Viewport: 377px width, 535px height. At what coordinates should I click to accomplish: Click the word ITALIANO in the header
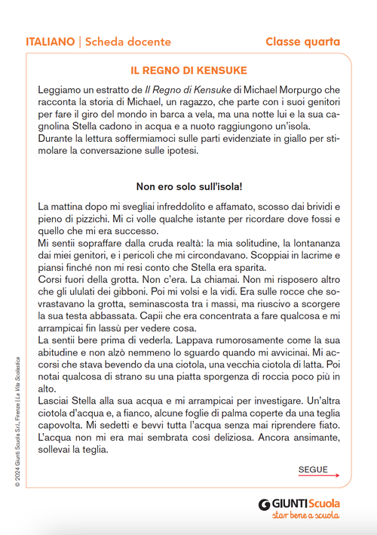pyautogui.click(x=50, y=42)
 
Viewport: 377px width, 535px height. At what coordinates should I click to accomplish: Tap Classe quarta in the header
pyautogui.click(x=302, y=42)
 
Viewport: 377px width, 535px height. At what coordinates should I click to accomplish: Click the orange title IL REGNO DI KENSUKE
pyautogui.click(x=188, y=71)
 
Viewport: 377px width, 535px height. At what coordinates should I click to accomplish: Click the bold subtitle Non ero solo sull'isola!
pyautogui.click(x=188, y=186)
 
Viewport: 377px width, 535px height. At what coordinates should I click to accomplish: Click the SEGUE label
pyautogui.click(x=313, y=469)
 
